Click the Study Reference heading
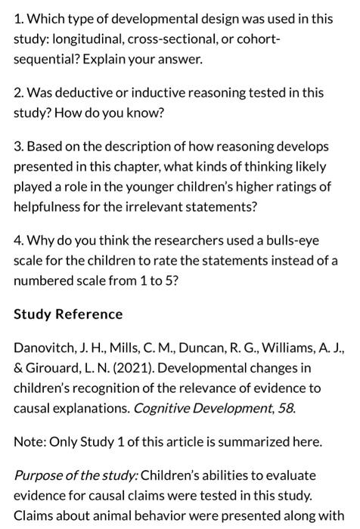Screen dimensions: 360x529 pos(68,314)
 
